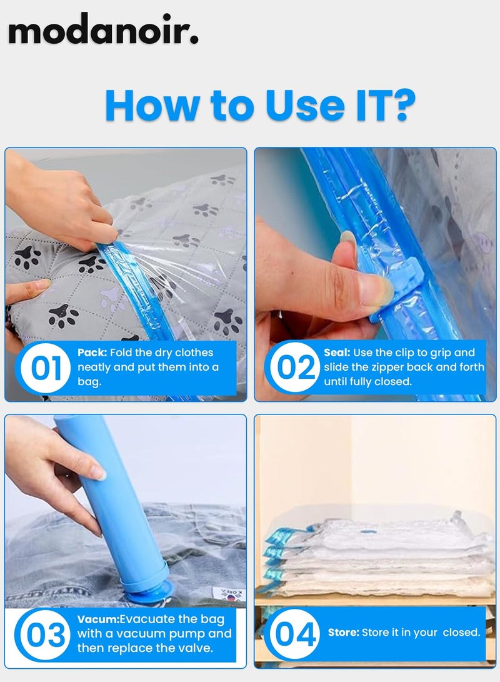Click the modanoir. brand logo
point(103,29)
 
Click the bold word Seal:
point(337,353)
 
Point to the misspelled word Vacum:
point(96,619)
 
